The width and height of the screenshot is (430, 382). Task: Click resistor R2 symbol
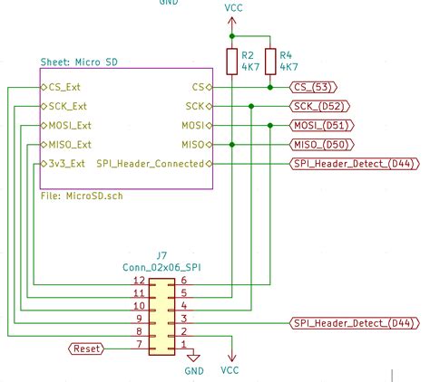point(232,61)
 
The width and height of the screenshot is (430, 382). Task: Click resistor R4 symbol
point(270,61)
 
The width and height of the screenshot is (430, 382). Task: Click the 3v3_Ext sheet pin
point(66,163)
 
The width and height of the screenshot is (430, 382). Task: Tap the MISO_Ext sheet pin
point(70,144)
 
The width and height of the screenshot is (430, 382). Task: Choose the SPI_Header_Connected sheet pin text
point(151,163)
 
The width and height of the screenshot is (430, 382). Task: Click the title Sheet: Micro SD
point(80,62)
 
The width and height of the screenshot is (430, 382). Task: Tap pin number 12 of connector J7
point(138,281)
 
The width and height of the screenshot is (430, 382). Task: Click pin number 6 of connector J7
point(184,281)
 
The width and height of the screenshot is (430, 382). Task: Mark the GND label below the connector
point(194,370)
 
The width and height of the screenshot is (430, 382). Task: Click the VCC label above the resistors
point(232,7)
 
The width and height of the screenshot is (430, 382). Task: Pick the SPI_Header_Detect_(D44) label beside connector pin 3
point(350,322)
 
